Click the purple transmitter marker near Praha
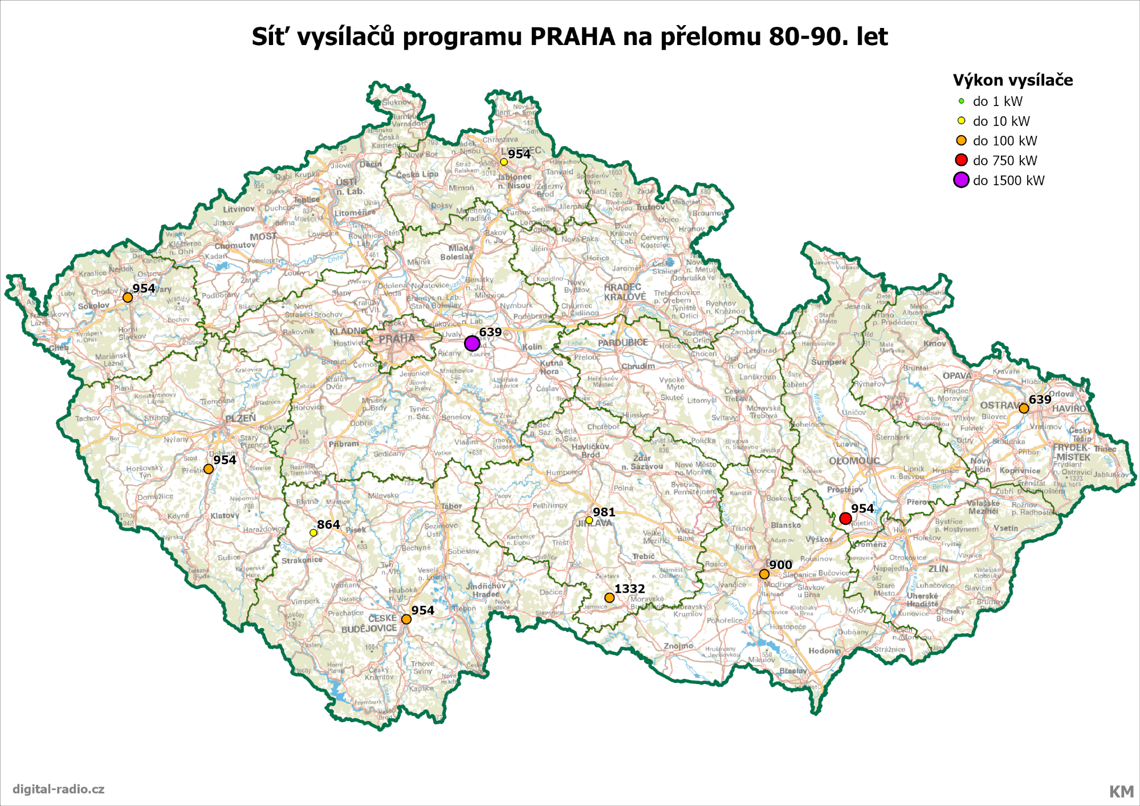(472, 343)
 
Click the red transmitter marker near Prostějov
(845, 518)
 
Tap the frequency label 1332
(629, 589)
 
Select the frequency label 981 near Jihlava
(604, 512)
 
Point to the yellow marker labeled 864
(313, 532)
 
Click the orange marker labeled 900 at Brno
(764, 574)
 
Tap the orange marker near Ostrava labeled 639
(1024, 408)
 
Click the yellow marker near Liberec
(504, 162)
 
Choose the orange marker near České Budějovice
(406, 619)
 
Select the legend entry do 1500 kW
(1008, 181)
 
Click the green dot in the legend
(961, 101)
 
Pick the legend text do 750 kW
(1004, 161)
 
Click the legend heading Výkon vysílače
(1012, 80)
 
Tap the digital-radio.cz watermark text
(58, 789)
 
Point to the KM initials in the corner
(1121, 791)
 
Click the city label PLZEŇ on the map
(240, 418)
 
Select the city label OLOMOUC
(854, 461)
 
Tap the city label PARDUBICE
(622, 343)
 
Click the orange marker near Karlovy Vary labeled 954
(128, 298)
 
